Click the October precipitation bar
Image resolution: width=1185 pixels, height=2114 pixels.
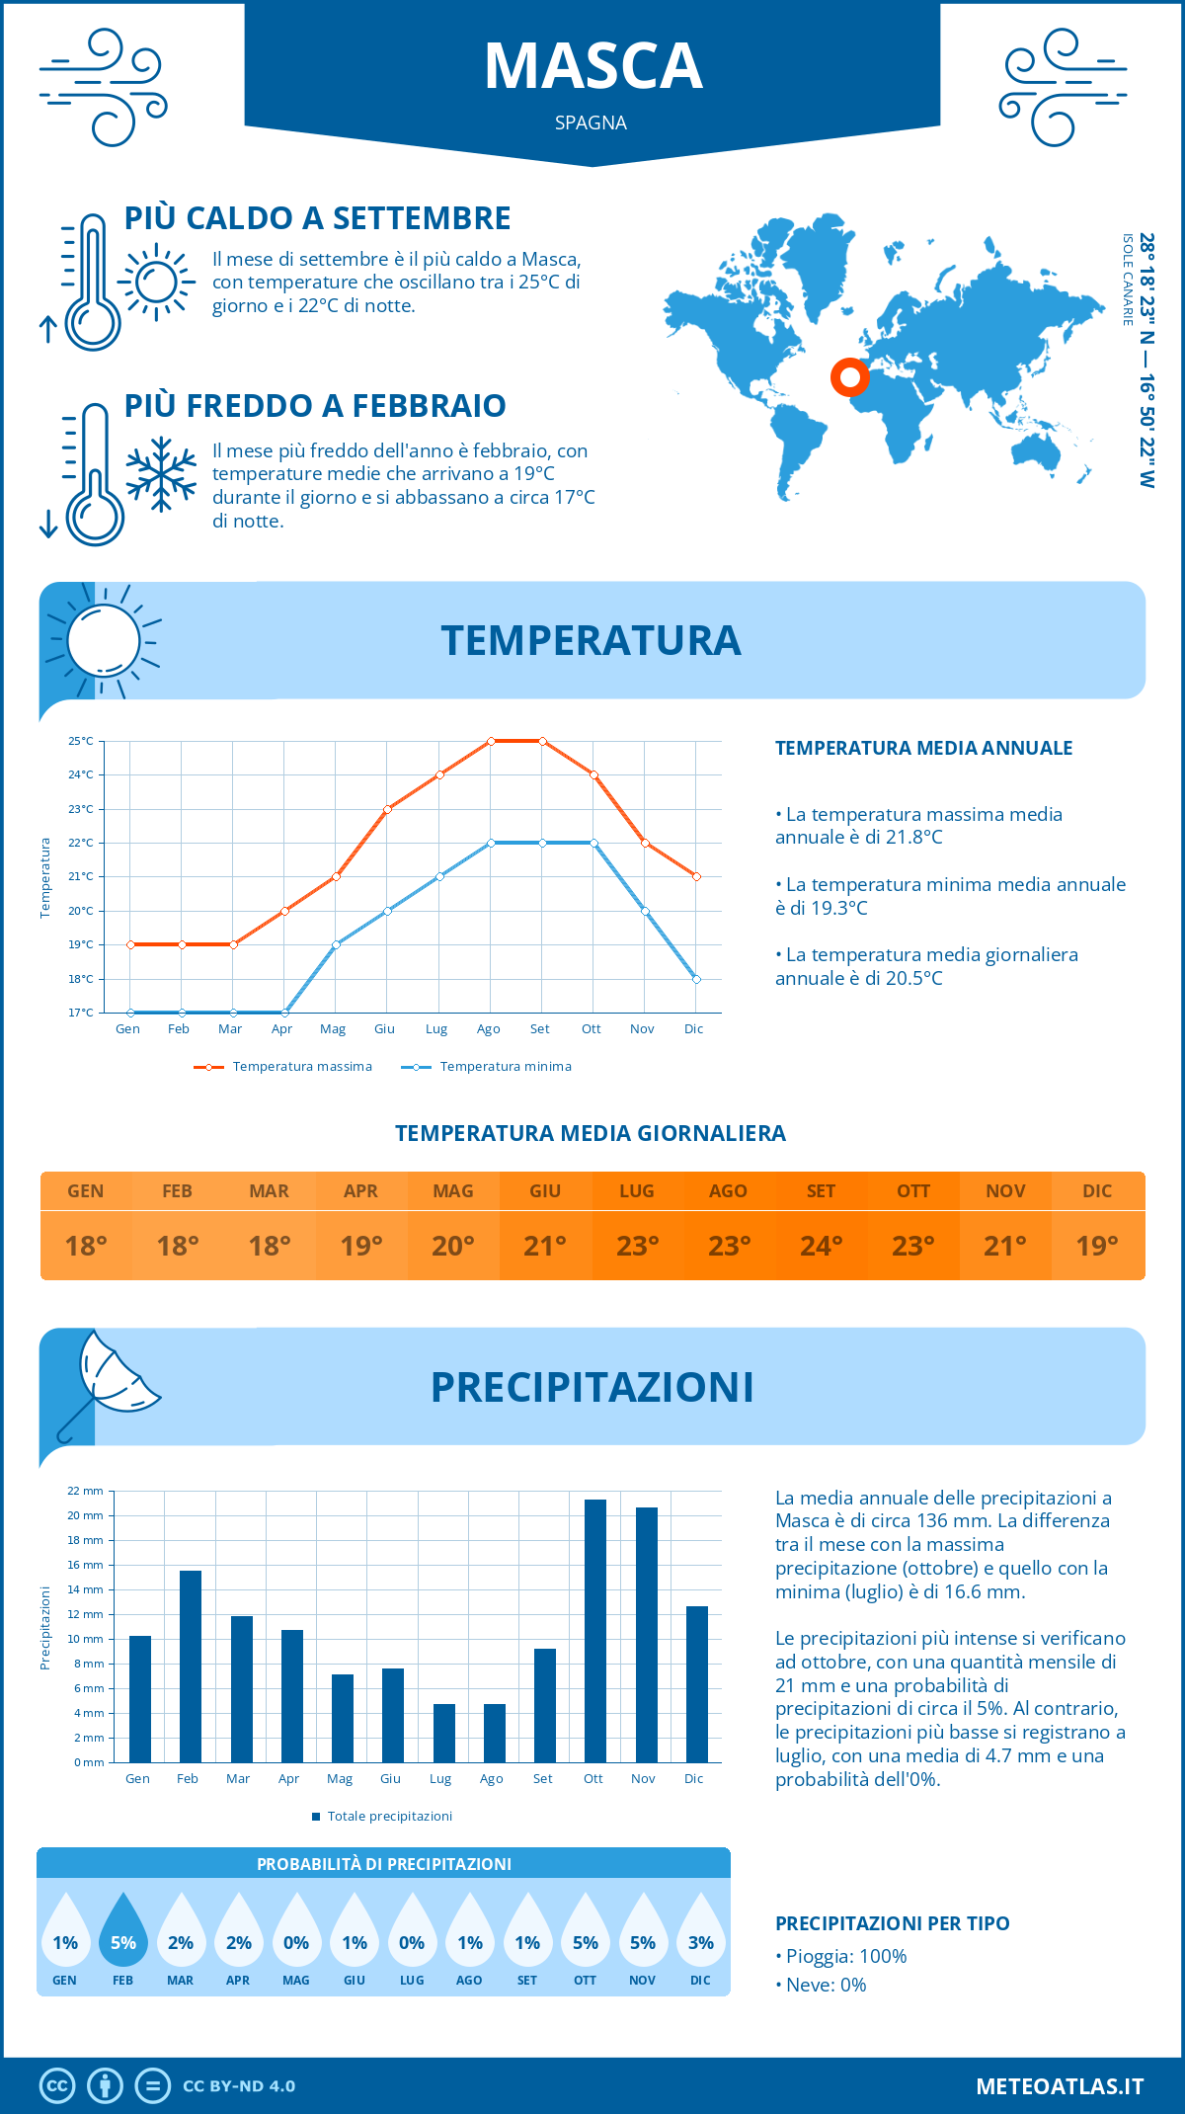pos(594,1631)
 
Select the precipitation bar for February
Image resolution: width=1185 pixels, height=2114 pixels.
pos(190,1667)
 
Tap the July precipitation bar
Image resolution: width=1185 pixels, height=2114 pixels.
pos(443,1733)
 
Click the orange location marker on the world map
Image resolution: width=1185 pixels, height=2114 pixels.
pos(849,376)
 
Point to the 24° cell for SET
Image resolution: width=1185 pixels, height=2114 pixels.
pos(821,1246)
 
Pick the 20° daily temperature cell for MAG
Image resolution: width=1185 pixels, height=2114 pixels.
pos(453,1246)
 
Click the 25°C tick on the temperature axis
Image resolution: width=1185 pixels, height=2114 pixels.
pos(81,741)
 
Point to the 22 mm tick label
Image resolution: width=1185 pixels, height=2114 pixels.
pos(86,1491)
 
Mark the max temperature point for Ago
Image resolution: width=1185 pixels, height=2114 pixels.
pos(491,741)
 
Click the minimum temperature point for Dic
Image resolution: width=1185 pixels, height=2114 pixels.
pos(696,979)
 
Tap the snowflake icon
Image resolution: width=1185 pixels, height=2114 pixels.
pos(161,474)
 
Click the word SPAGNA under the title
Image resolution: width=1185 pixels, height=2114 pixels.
pos(591,122)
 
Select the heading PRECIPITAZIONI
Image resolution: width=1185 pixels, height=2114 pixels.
pos(592,1387)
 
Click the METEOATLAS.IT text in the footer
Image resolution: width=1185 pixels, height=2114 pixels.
pos(1059,2086)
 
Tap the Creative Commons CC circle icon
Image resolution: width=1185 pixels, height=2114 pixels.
pos(57,2086)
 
